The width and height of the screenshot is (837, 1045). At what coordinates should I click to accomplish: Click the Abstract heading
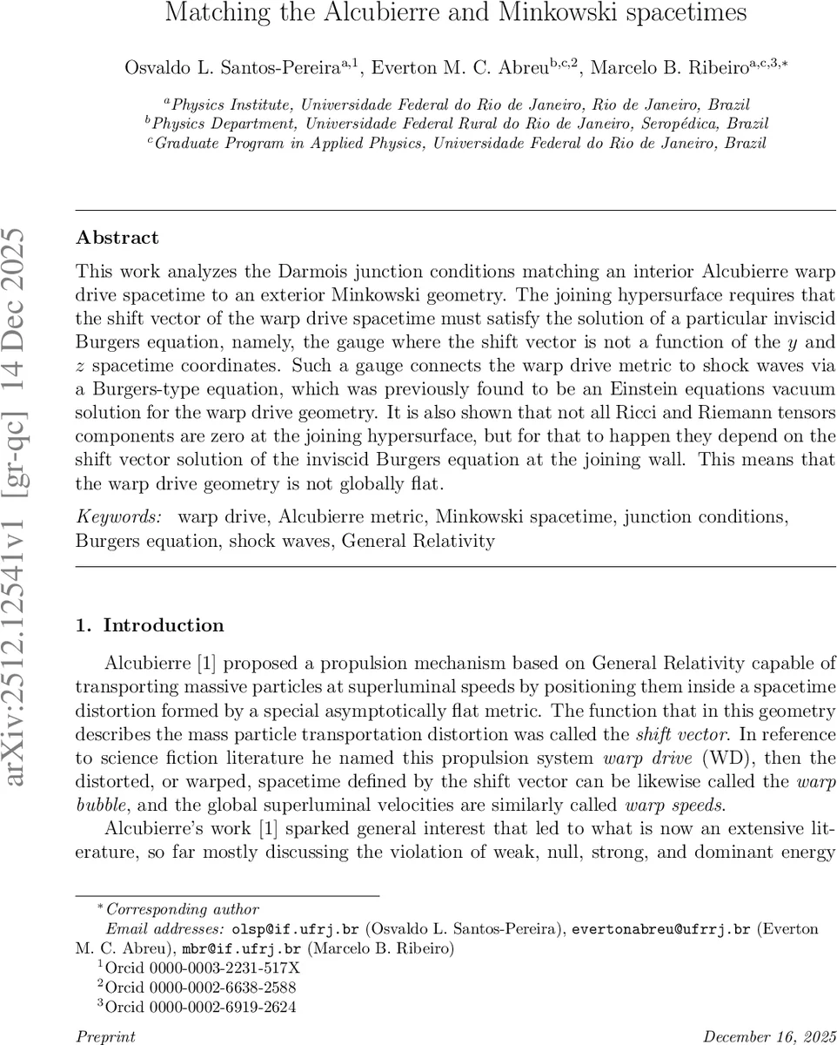click(x=117, y=238)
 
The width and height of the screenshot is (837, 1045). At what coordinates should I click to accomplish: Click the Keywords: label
click(x=119, y=517)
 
